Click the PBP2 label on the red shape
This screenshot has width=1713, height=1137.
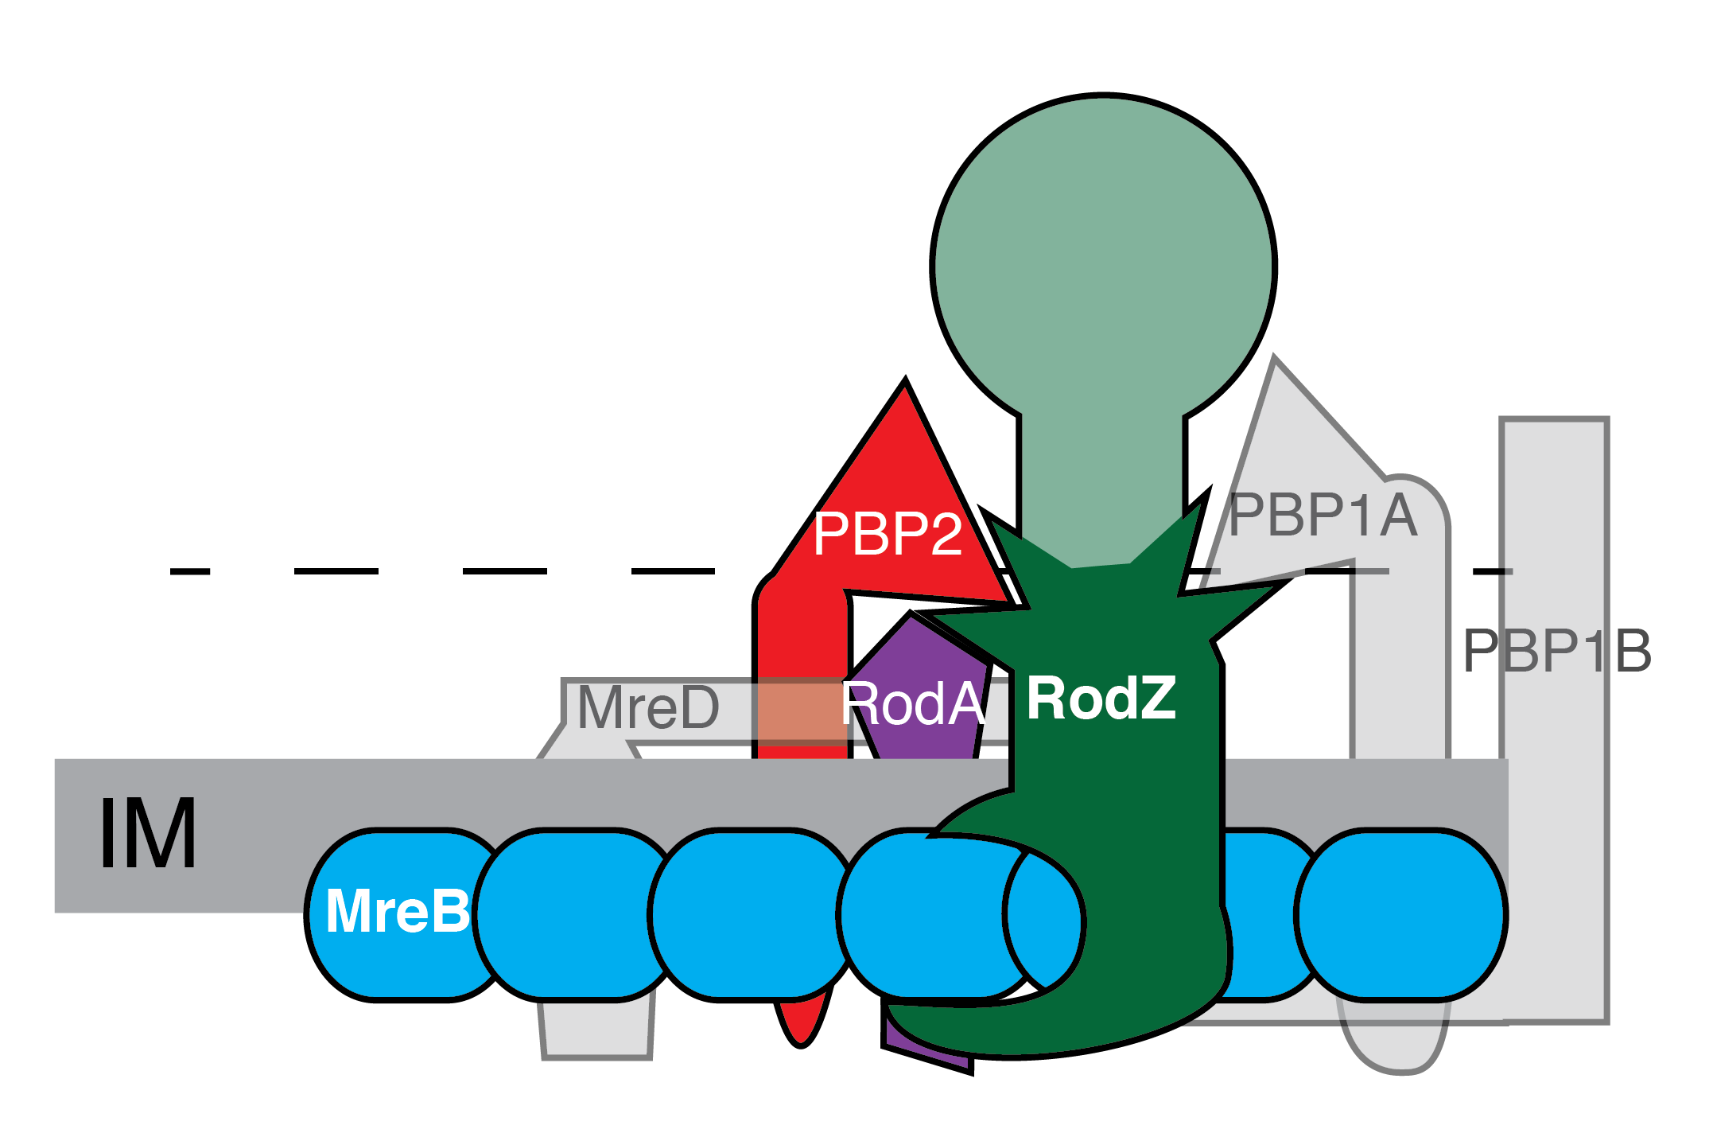click(x=887, y=534)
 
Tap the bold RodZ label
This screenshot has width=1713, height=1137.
click(x=1101, y=699)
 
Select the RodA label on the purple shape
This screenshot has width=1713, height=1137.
click(x=912, y=704)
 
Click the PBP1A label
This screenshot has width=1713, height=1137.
click(x=1323, y=516)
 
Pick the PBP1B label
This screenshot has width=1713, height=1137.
click(x=1556, y=651)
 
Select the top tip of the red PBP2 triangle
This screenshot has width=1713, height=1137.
click(x=904, y=386)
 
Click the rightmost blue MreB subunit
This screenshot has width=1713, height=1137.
click(x=1401, y=914)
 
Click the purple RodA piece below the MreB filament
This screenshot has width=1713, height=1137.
click(x=923, y=1049)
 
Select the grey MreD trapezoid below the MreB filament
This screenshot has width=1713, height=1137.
click(x=596, y=1031)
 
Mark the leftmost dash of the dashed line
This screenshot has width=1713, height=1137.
click(x=190, y=571)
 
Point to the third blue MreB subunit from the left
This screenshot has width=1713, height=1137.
click(x=752, y=914)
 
